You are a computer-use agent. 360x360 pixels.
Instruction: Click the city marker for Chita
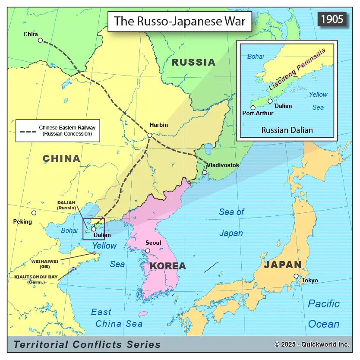(x=40, y=40)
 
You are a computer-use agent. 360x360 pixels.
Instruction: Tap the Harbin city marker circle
(x=150, y=135)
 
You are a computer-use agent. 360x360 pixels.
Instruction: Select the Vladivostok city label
(x=223, y=165)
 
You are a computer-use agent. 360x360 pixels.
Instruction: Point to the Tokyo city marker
(x=296, y=276)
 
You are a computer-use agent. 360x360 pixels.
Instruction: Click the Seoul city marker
(x=148, y=251)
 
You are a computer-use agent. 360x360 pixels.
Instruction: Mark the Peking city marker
(x=34, y=213)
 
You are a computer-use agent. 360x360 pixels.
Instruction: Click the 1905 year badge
(x=332, y=19)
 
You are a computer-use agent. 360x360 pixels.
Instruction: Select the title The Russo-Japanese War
(x=179, y=21)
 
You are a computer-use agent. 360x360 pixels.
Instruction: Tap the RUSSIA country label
(x=193, y=62)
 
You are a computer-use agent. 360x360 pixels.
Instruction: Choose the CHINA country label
(x=61, y=159)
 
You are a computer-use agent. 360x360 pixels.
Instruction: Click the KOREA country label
(x=167, y=266)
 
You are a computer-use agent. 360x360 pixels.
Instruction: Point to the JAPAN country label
(x=283, y=265)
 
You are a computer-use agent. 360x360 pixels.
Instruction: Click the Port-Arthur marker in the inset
(x=253, y=107)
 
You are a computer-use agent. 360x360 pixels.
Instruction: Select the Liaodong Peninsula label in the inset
(x=297, y=69)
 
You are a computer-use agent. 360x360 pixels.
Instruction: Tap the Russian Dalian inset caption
(x=287, y=130)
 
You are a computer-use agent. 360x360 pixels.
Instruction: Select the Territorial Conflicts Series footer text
(x=87, y=344)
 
